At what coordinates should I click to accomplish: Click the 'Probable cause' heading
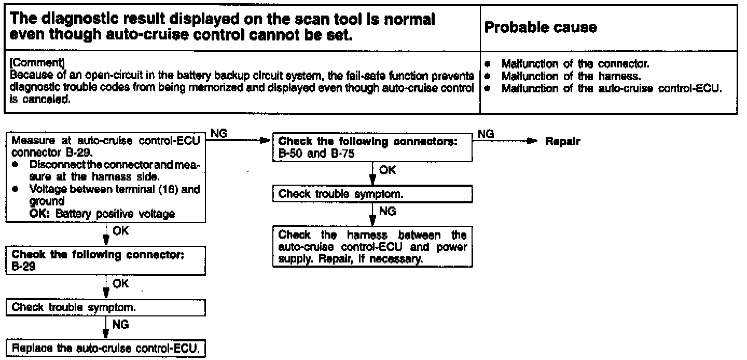[540, 28]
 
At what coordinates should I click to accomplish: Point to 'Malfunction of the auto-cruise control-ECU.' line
[612, 88]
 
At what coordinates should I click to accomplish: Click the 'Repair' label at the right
[562, 142]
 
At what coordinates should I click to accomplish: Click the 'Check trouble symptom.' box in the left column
[73, 307]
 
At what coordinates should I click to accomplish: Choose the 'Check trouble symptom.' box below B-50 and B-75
[342, 194]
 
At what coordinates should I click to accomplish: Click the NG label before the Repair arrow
[486, 134]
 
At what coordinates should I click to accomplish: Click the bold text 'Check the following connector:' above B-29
[98, 255]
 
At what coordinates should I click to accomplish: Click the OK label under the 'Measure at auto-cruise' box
[120, 231]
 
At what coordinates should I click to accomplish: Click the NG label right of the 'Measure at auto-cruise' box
[219, 134]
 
